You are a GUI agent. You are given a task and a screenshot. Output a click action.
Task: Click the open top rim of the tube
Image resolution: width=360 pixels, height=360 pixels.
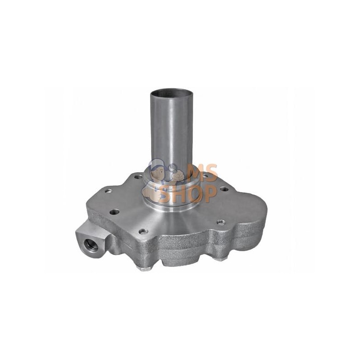coord(171,92)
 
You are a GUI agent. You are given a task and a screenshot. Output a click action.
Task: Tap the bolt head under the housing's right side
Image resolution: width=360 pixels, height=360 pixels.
coord(218,258)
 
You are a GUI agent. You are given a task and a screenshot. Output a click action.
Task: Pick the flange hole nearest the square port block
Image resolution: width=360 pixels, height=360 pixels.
coord(114,211)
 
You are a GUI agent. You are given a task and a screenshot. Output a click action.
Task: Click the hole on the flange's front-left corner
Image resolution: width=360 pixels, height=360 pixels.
coord(143,231)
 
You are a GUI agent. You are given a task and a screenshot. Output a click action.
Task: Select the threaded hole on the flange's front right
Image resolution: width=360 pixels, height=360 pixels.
coord(220,222)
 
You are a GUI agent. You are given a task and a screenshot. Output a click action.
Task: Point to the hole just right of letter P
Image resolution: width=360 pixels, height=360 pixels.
coord(224,189)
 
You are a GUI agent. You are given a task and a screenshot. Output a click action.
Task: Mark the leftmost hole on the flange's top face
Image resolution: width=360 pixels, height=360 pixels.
coord(108,191)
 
